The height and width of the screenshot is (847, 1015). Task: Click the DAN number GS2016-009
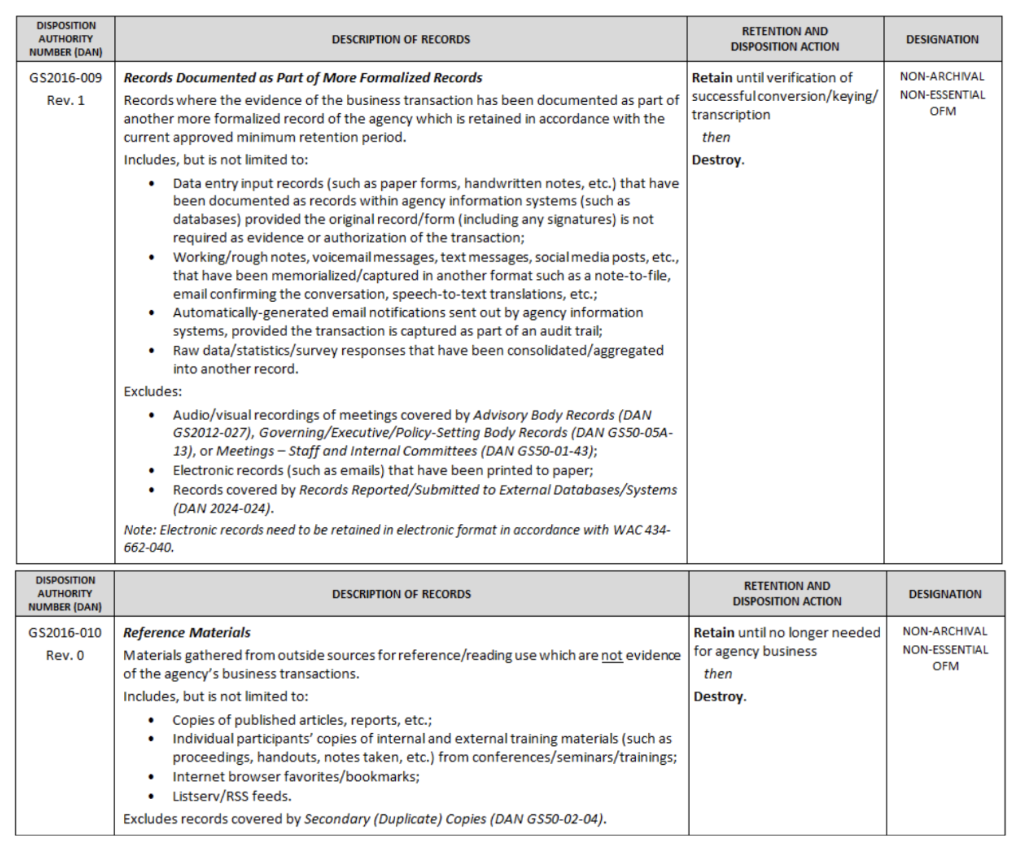click(65, 78)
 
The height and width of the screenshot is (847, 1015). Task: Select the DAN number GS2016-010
click(65, 633)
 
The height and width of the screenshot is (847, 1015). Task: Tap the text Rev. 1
click(65, 100)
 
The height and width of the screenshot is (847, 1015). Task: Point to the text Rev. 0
click(65, 655)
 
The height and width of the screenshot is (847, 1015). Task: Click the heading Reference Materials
click(187, 633)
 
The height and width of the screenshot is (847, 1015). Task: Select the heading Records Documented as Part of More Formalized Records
click(303, 78)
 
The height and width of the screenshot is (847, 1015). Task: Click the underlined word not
click(612, 655)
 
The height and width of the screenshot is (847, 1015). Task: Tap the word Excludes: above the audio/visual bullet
click(153, 392)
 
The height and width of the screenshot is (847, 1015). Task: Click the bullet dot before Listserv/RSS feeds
click(151, 797)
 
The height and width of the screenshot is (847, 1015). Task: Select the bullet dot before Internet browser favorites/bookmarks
click(151, 777)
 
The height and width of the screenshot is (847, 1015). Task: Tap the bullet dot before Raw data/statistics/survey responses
click(152, 351)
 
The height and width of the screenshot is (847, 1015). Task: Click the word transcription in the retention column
click(731, 115)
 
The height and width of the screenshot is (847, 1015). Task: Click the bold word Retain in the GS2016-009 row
click(712, 78)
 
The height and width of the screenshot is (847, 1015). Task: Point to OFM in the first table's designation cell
click(942, 111)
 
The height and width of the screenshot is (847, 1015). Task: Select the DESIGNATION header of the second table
click(945, 594)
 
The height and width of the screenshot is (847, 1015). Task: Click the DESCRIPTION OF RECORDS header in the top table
click(401, 39)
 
